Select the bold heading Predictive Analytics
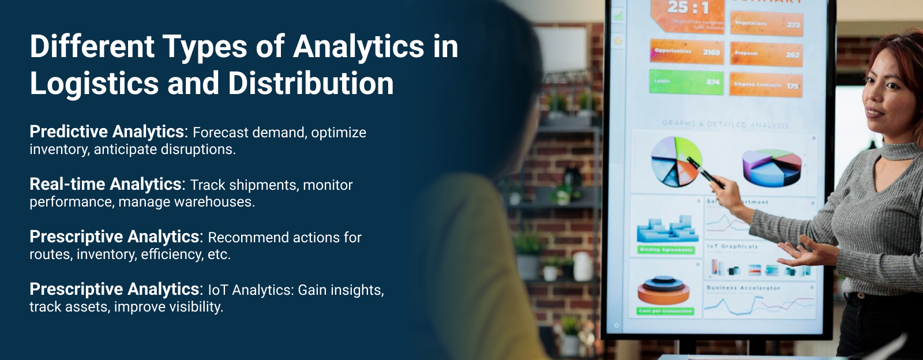pyautogui.click(x=107, y=132)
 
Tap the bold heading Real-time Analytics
pyautogui.click(x=106, y=185)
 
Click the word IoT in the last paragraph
pyautogui.click(x=218, y=290)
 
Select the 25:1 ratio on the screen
pyautogui.click(x=688, y=7)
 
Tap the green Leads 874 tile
pyautogui.click(x=686, y=82)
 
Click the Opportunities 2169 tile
pyautogui.click(x=686, y=52)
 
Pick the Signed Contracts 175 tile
pyautogui.click(x=766, y=85)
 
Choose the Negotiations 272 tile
pyautogui.click(x=767, y=24)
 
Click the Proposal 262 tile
pyautogui.click(x=766, y=54)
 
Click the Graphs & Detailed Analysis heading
pyautogui.click(x=725, y=124)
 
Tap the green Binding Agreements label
pyautogui.click(x=666, y=250)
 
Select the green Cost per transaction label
pyautogui.click(x=665, y=311)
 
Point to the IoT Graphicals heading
pyautogui.click(x=732, y=246)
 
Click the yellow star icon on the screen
pyautogui.click(x=618, y=41)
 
